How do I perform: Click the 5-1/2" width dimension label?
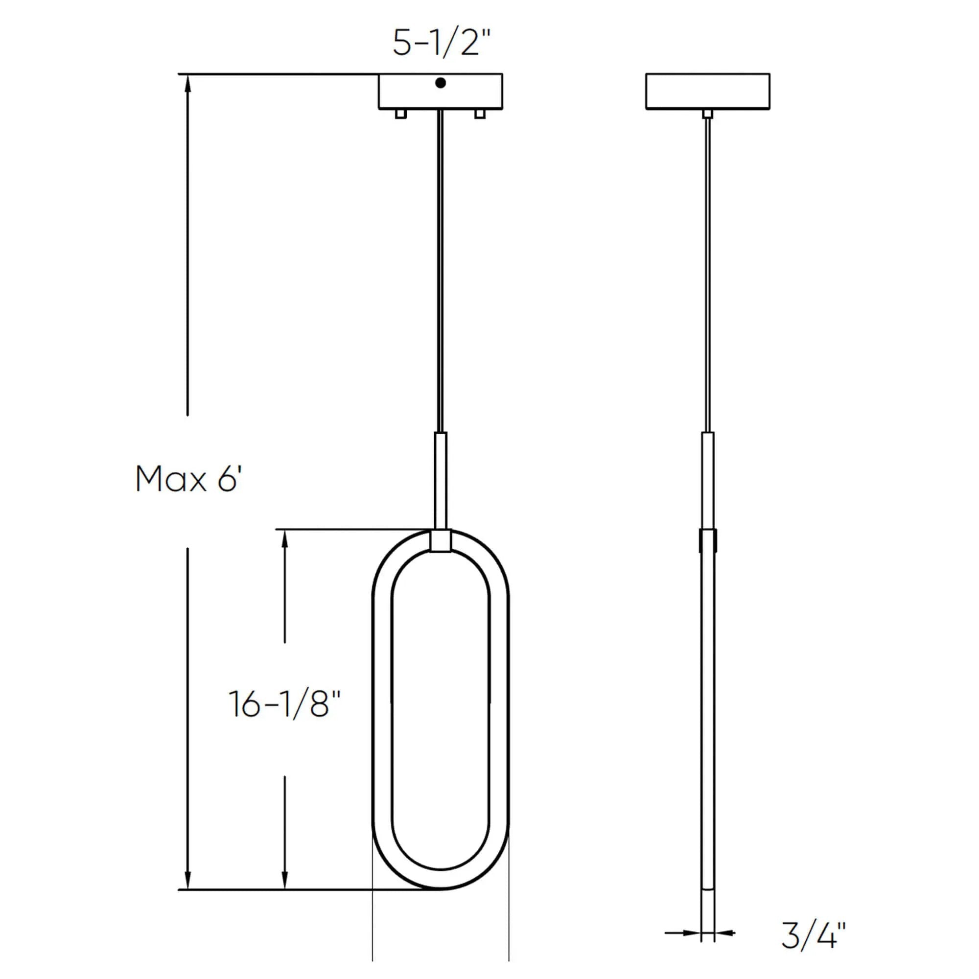(442, 43)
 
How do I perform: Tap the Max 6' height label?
(188, 479)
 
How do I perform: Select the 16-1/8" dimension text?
(284, 703)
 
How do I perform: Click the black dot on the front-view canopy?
(441, 83)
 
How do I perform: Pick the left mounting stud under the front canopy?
(401, 114)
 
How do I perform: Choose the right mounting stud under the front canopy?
(480, 114)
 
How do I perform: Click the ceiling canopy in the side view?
(708, 91)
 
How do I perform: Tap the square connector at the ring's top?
(441, 541)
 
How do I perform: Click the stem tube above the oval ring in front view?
(441, 481)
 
